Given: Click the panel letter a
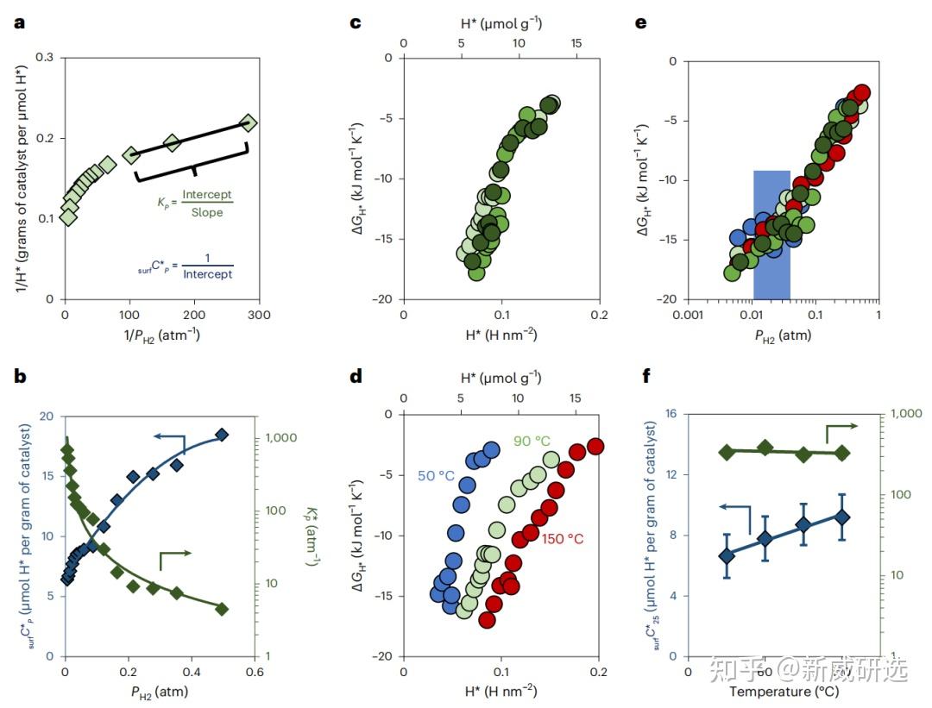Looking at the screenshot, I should (20, 23).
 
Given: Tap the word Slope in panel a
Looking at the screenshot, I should (206, 212).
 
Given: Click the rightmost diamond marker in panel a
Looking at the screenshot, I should (249, 123).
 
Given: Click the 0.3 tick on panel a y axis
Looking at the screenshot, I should (44, 58).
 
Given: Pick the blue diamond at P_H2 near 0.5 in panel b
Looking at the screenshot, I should (222, 435).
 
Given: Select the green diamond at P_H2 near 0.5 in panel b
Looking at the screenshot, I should (222, 609).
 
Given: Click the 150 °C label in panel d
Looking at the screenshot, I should (563, 539).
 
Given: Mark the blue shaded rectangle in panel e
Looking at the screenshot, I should (771, 235).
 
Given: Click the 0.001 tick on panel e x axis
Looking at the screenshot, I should (687, 315).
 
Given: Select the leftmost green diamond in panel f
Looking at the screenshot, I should (727, 452).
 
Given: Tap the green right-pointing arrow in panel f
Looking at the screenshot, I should (841, 427).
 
